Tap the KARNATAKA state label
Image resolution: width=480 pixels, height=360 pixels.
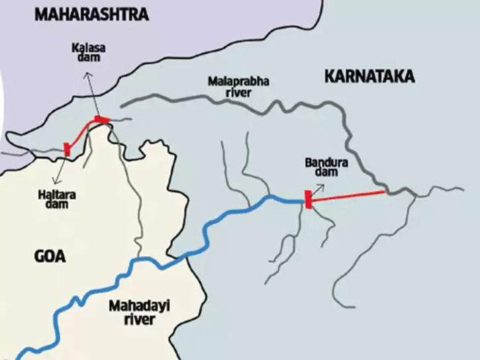(x=369, y=77)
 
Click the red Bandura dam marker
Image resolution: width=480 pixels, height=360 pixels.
(x=308, y=199)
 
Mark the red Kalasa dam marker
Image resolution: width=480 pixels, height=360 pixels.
(x=101, y=119)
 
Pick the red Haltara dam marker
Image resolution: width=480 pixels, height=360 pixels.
(x=67, y=149)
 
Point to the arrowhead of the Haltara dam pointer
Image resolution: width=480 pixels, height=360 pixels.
(x=56, y=180)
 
